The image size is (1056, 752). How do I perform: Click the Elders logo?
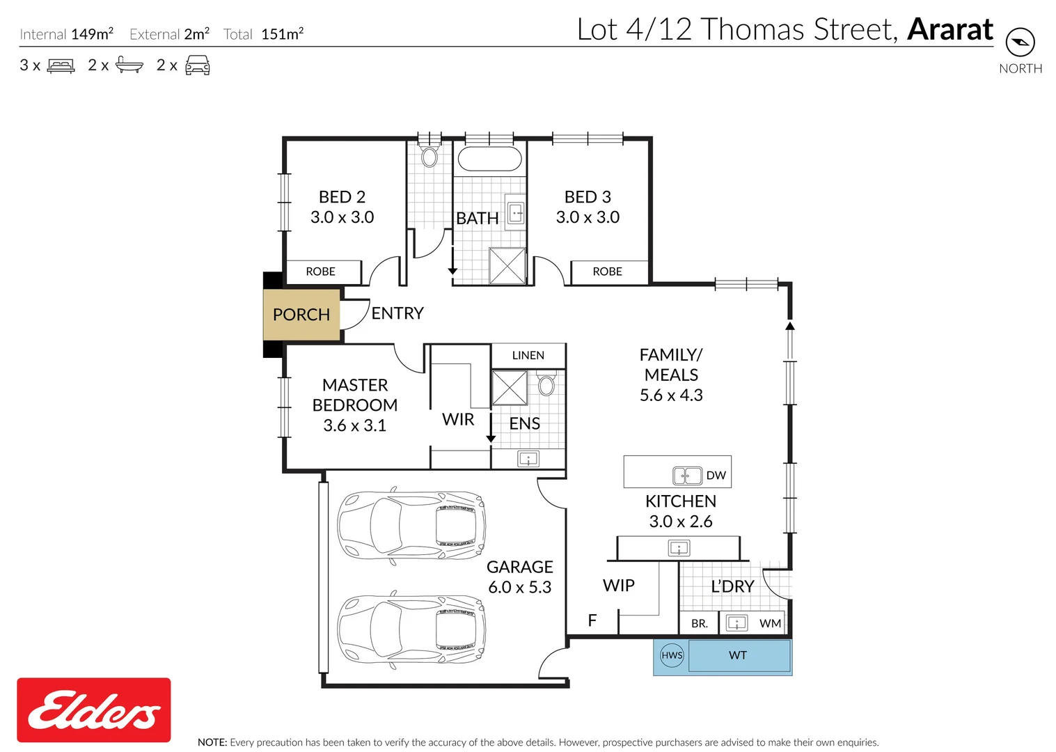tap(94, 710)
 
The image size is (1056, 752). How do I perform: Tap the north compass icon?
tap(1020, 42)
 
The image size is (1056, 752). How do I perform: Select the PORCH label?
tap(301, 315)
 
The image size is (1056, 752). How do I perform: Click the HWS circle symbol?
tap(672, 655)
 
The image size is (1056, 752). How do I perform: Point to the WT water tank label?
tap(738, 655)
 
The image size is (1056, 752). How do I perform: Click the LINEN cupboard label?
tap(528, 356)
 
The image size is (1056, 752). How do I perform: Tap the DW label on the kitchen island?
tap(716, 476)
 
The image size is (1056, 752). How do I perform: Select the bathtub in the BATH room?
tap(490, 159)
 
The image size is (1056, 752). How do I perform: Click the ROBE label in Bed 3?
tap(607, 272)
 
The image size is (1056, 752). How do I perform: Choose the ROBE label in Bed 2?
tap(321, 272)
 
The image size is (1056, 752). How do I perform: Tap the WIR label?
tap(458, 419)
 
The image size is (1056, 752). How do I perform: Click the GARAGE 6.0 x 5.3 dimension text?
tap(519, 588)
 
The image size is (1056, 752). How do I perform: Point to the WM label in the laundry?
tap(771, 624)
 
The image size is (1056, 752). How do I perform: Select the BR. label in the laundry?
tap(700, 624)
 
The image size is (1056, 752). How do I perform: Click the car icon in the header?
tap(198, 65)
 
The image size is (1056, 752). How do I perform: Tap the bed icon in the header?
tap(61, 65)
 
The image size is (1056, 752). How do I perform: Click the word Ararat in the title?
tap(950, 29)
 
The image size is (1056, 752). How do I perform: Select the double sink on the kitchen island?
tap(687, 476)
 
